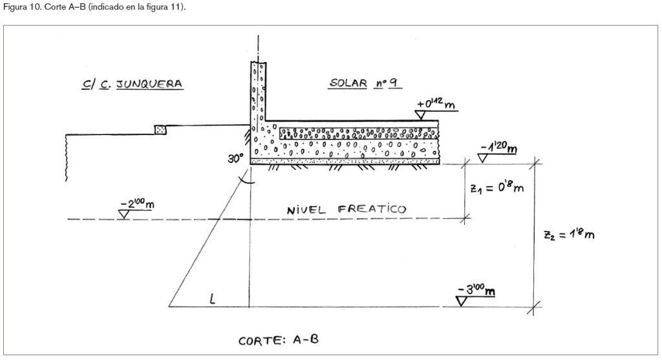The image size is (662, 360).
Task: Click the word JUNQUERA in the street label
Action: click(x=149, y=84)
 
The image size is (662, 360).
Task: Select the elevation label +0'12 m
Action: click(x=436, y=103)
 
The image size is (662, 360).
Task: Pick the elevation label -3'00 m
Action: click(x=476, y=290)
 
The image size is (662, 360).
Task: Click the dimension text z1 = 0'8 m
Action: click(x=497, y=187)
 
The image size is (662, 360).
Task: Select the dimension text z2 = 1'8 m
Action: click(x=569, y=234)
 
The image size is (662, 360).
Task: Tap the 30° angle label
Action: click(x=235, y=159)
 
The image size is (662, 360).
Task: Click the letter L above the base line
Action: click(x=212, y=299)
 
